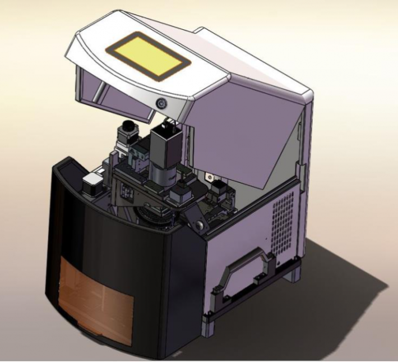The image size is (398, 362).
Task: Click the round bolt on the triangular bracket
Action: (x=197, y=225)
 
